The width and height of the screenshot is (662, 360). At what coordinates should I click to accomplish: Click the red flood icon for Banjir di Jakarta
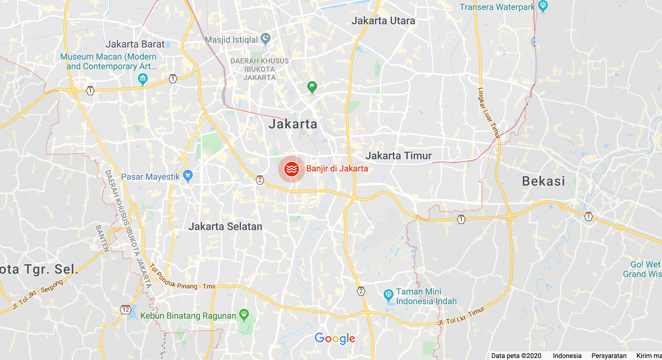pyautogui.click(x=291, y=169)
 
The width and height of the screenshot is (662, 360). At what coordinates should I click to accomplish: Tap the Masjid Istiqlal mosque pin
pyautogui.click(x=266, y=39)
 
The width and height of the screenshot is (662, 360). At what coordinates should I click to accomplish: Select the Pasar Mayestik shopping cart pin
pyautogui.click(x=188, y=175)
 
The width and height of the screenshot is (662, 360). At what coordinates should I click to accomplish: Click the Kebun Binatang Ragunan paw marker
pyautogui.click(x=244, y=315)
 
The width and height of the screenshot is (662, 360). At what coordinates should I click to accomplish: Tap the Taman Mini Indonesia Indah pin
pyautogui.click(x=389, y=294)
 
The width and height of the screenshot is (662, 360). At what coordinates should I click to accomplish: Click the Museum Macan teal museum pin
pyautogui.click(x=143, y=79)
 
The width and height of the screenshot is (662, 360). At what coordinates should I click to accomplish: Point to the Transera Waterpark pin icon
pyautogui.click(x=543, y=6)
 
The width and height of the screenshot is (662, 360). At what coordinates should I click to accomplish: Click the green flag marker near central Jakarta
pyautogui.click(x=312, y=87)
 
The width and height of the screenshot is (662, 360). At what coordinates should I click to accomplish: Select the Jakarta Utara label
pyautogui.click(x=383, y=21)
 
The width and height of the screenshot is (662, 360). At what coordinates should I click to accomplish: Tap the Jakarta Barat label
pyautogui.click(x=135, y=44)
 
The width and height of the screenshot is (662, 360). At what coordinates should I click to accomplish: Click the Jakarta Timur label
pyautogui.click(x=398, y=156)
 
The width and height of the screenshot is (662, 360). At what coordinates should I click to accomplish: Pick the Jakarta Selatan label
pyautogui.click(x=225, y=227)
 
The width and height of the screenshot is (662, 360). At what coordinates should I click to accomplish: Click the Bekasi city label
pyautogui.click(x=543, y=181)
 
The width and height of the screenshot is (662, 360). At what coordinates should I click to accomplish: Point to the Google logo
pyautogui.click(x=335, y=338)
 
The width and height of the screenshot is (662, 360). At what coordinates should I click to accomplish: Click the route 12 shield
pyautogui.click(x=125, y=310)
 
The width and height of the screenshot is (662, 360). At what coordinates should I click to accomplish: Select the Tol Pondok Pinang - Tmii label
pyautogui.click(x=182, y=278)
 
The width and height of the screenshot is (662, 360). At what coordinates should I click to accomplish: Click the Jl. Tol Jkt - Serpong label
pyautogui.click(x=38, y=294)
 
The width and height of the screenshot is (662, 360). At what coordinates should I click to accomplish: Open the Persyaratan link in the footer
pyautogui.click(x=609, y=356)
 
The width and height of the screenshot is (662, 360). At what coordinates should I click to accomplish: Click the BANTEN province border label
pyautogui.click(x=102, y=238)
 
